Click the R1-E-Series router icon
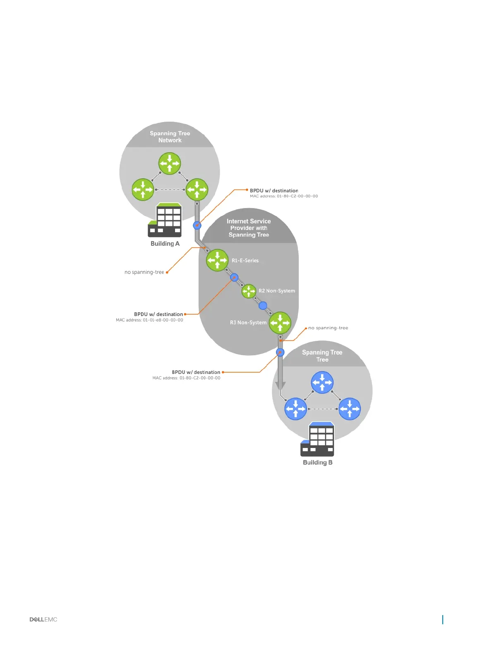[x=217, y=260]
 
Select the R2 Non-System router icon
[x=249, y=291]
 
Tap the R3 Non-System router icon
[x=280, y=323]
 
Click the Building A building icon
[x=165, y=220]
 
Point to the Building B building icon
[x=317, y=439]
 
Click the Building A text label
[x=165, y=244]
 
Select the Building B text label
[x=317, y=462]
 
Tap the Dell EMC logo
[x=43, y=619]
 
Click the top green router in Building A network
[x=170, y=163]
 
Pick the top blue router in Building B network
[x=322, y=382]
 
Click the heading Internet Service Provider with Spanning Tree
[x=249, y=228]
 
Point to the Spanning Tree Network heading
[x=170, y=137]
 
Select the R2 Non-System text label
[x=277, y=291]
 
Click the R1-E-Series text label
[x=245, y=261]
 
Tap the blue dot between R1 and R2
[x=234, y=277]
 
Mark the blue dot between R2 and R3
[x=263, y=306]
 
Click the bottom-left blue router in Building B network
[x=295, y=409]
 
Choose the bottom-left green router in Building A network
[x=143, y=189]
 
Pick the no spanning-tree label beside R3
[x=328, y=328]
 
